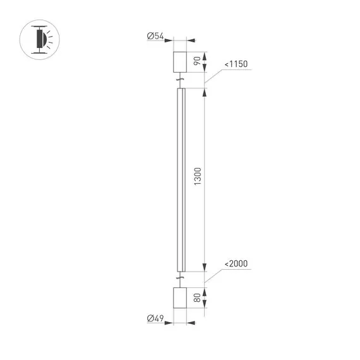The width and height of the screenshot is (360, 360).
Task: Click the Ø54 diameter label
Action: coord(155,37)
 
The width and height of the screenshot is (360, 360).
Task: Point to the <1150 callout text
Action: coord(236,64)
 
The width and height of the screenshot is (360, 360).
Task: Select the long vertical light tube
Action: coord(181,179)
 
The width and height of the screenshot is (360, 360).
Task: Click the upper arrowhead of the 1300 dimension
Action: coord(203,93)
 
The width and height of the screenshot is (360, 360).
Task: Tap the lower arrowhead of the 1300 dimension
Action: coord(203,267)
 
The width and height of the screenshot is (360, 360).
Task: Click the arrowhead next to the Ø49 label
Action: coord(169,323)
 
